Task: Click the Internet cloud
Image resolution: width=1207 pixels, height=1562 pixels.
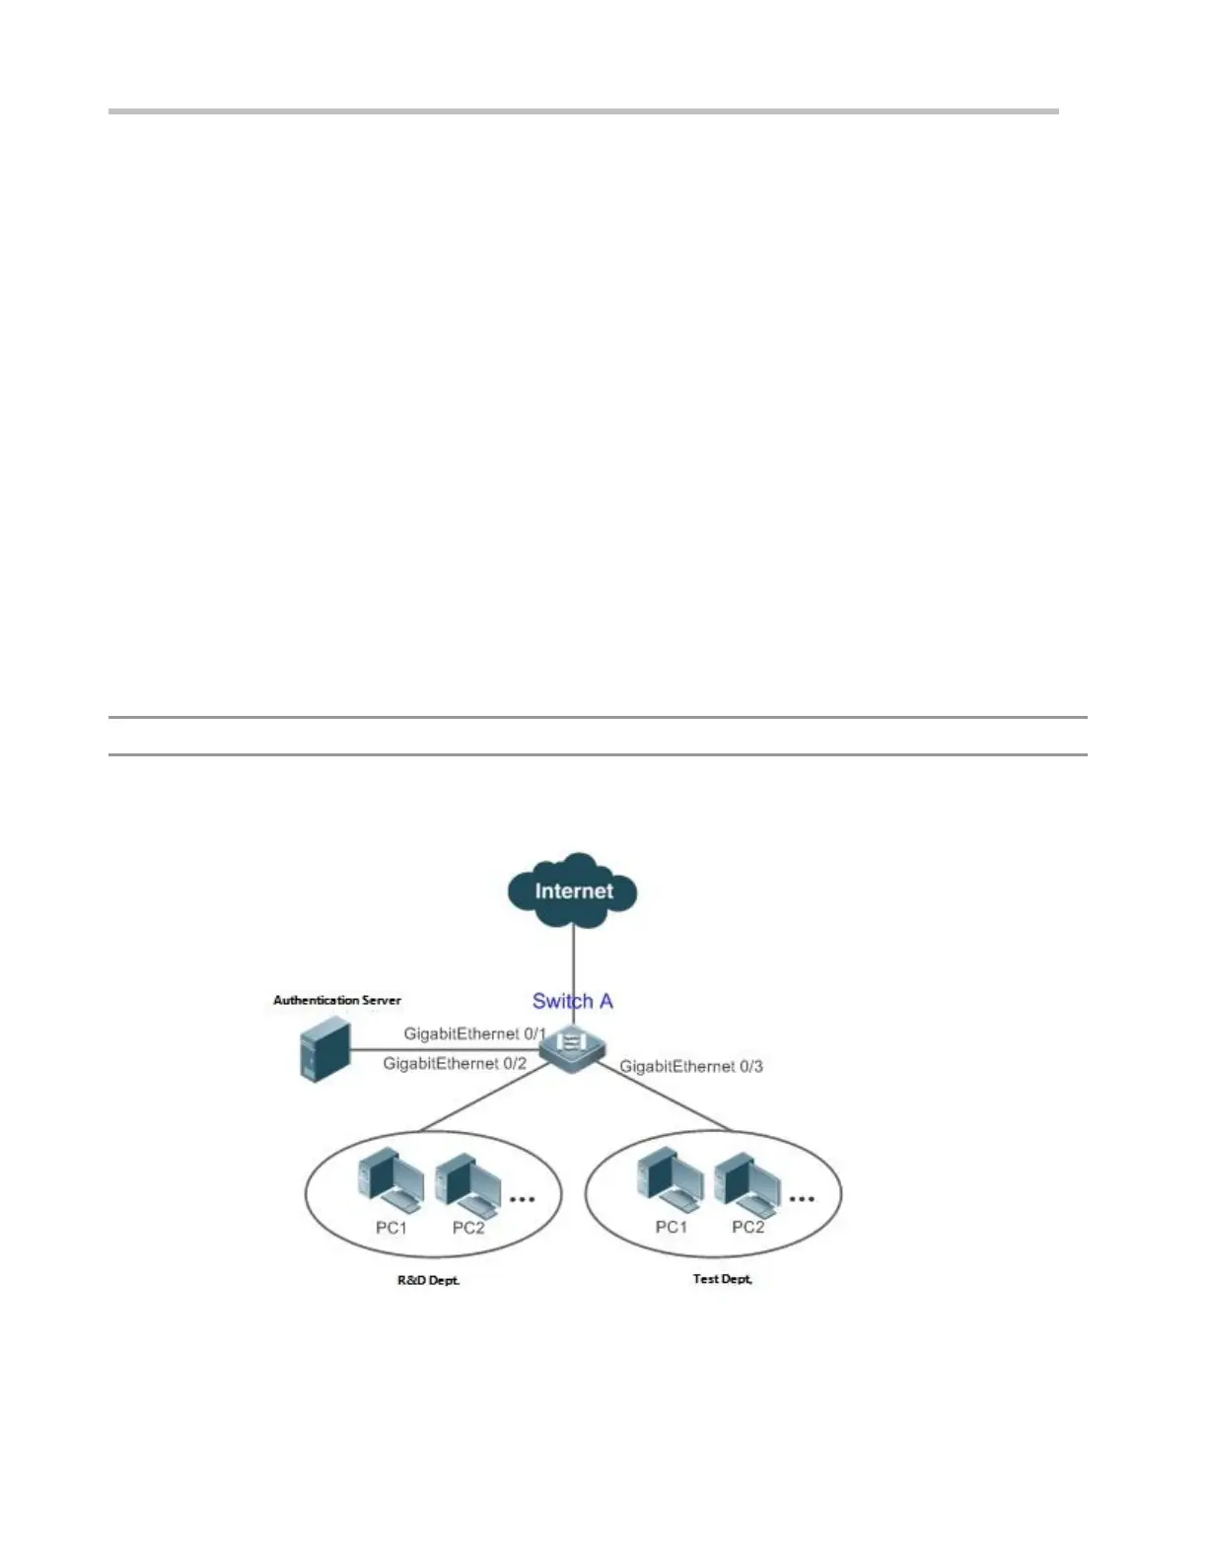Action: point(573,889)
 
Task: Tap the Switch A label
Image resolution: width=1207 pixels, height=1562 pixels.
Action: point(572,1001)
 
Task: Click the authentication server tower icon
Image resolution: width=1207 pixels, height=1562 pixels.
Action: point(324,1051)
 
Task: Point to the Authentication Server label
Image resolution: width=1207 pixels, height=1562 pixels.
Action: point(337,1000)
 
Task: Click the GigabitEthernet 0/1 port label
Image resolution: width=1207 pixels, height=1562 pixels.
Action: point(474,1033)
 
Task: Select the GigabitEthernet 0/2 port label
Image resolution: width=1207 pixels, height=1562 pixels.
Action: point(455,1064)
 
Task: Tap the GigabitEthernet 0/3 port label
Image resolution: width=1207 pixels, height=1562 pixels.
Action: point(690,1066)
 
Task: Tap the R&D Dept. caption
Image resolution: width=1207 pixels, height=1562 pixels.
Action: point(429,1280)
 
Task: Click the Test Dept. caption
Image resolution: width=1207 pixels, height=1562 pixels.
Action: point(723,1278)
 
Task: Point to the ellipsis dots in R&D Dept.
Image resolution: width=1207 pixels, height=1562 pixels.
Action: point(522,1199)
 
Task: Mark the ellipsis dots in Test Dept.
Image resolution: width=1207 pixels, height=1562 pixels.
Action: point(802,1199)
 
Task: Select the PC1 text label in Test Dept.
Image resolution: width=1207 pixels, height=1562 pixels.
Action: point(672,1227)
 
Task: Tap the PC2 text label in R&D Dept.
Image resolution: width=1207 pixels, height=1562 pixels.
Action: point(468,1228)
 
